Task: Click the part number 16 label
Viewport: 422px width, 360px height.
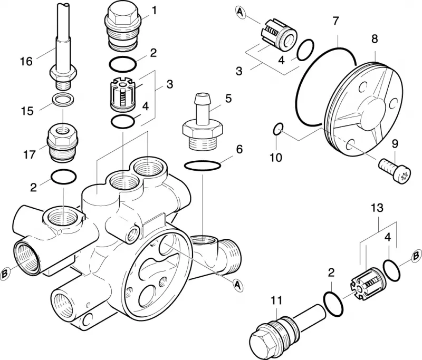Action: pos(26,62)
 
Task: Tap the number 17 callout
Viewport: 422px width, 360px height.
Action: pos(30,154)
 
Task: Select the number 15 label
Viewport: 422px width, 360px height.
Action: pos(27,111)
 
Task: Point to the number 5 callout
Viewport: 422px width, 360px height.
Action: pos(228,99)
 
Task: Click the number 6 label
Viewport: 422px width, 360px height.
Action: pos(239,149)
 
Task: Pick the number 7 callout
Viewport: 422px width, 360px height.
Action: pos(335,21)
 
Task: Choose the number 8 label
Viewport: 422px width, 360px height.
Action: pos(375,38)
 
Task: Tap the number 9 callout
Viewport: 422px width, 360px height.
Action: pos(395,144)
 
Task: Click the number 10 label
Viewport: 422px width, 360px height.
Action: pos(276,158)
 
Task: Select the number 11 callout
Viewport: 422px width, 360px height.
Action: pos(276,300)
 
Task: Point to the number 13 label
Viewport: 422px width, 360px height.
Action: pos(377,208)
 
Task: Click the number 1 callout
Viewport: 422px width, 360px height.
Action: pos(154,11)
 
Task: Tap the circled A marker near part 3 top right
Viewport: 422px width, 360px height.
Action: pos(241,12)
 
